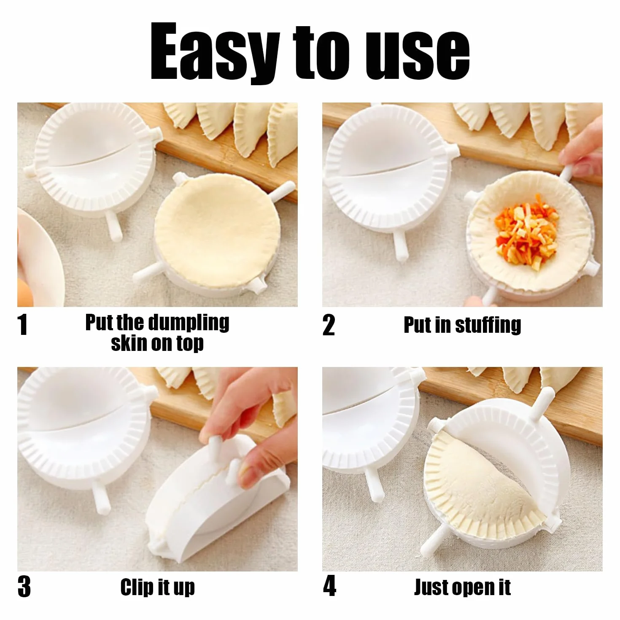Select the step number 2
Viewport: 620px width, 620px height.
coord(329,325)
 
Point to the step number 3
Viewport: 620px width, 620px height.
coord(24,587)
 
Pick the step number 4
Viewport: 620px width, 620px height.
coord(329,586)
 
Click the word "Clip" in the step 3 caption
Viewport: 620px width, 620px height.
coord(137,587)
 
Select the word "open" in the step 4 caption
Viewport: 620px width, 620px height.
coord(473,588)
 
